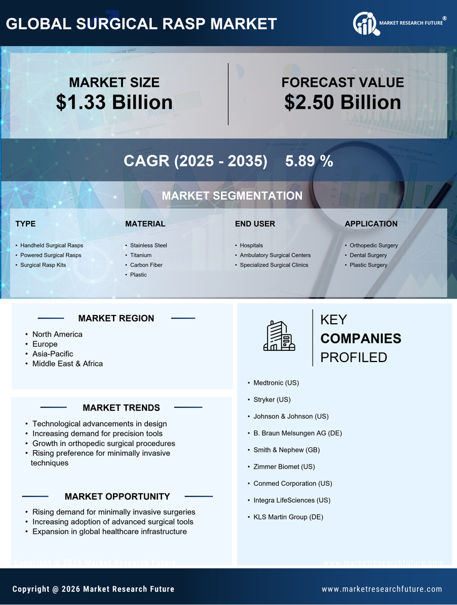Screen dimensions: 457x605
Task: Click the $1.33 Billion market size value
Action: pos(114,102)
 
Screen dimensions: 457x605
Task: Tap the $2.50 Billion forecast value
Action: pos(342,102)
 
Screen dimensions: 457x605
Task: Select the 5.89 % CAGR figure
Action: pos(309,161)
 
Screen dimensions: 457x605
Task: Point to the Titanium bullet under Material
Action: pos(141,255)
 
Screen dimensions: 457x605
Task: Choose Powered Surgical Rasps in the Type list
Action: pos(51,255)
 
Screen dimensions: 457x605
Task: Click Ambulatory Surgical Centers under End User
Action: pos(275,255)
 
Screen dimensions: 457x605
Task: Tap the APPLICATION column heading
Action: pos(371,224)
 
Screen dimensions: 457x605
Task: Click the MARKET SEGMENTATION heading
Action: pos(232,196)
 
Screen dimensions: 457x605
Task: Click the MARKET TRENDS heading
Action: pos(121,408)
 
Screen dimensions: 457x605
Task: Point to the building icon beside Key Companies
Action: pos(279,336)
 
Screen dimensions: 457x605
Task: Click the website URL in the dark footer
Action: pos(382,589)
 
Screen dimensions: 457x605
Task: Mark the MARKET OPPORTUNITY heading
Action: pos(117,496)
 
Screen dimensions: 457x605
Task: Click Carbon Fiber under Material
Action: pos(146,265)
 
